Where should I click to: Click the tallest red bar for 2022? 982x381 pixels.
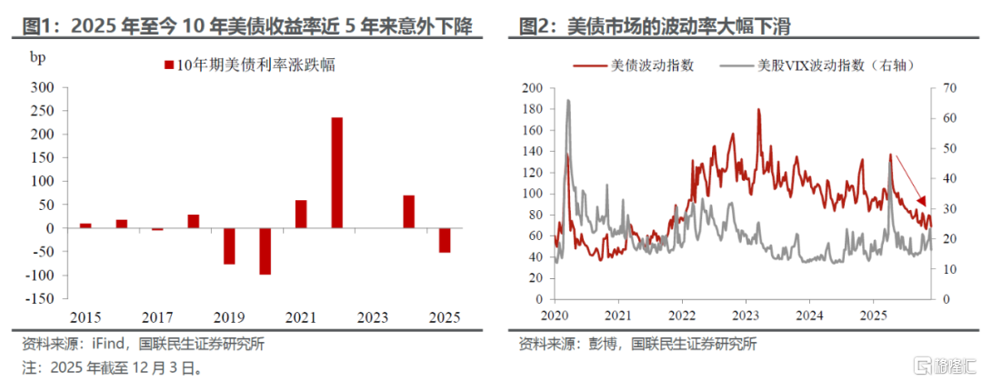pyautogui.click(x=336, y=173)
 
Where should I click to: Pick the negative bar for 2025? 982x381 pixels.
pyautogui.click(x=445, y=240)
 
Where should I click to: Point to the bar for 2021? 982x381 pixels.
pyautogui.click(x=301, y=214)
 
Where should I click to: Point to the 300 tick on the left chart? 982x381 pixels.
pyautogui.click(x=42, y=88)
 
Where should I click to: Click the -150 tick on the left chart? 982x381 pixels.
pyautogui.click(x=38, y=298)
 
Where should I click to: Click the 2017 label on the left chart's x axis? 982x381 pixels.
pyautogui.click(x=158, y=316)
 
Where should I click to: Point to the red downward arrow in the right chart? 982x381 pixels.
pyautogui.click(x=910, y=182)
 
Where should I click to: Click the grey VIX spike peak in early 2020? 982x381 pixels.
pyautogui.click(x=568, y=101)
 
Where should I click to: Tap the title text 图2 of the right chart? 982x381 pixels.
pyautogui.click(x=537, y=26)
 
